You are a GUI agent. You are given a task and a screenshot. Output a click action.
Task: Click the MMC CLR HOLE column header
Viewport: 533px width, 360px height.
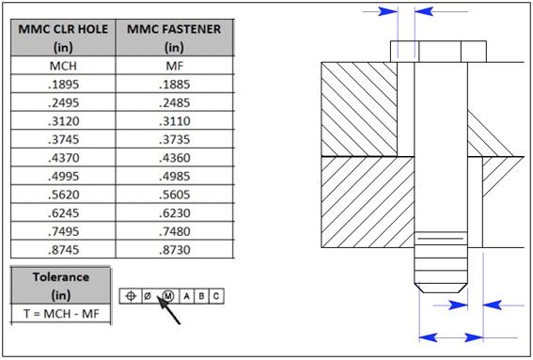(x=63, y=38)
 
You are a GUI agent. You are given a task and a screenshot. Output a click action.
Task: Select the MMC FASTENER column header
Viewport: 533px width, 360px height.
(x=174, y=38)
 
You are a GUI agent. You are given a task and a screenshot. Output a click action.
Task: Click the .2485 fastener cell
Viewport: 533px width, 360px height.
(x=174, y=103)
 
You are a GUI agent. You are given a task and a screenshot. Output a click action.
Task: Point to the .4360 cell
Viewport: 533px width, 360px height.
(x=174, y=158)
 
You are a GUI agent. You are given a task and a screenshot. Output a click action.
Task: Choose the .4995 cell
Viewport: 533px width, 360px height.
(x=63, y=176)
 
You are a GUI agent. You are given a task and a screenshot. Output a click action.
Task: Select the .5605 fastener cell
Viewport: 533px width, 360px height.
(x=174, y=195)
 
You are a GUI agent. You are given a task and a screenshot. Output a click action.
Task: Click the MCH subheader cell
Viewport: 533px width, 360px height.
(x=63, y=67)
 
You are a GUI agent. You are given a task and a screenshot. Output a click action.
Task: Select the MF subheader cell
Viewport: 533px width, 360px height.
(x=174, y=67)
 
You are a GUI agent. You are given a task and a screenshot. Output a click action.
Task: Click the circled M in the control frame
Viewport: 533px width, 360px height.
(x=166, y=296)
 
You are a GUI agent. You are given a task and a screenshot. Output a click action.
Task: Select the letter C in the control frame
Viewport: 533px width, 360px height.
(x=216, y=296)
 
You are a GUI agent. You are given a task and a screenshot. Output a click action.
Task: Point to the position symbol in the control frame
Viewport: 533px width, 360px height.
(x=132, y=296)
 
